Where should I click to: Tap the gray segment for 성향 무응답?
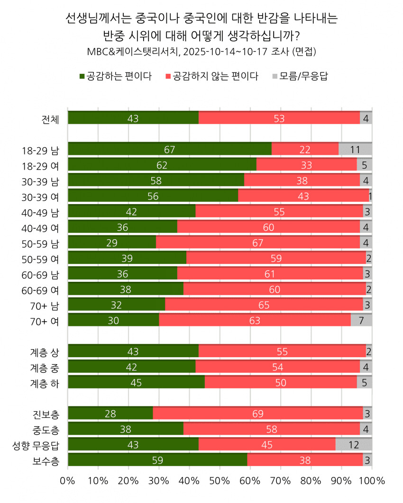[354, 445]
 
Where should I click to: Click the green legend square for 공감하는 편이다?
[82, 76]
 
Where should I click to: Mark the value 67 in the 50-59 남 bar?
[258, 243]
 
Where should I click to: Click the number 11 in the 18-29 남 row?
[355, 150]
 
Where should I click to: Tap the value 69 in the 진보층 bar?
[258, 414]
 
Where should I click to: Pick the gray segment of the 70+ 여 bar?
[361, 320]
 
